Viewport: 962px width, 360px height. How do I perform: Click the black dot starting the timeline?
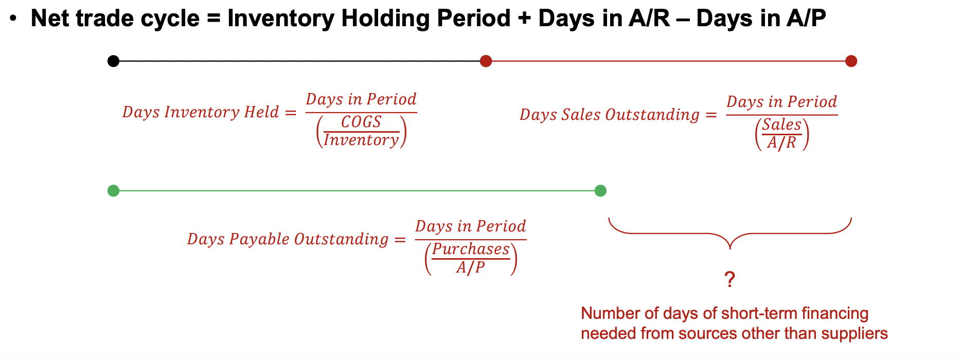coord(113,61)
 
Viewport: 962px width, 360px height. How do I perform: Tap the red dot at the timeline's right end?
coord(851,61)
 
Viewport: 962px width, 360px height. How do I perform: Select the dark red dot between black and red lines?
coord(486,61)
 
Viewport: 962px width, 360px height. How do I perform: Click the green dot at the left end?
coord(113,191)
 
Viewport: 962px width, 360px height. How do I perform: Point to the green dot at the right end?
coord(600,191)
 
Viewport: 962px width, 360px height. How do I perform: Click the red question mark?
coord(729,280)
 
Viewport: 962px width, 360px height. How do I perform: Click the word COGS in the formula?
coord(361,122)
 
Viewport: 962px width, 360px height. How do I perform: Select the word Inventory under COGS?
coord(361,140)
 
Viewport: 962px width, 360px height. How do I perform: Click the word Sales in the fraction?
coord(782,124)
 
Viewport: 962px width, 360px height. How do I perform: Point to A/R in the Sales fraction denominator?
coord(781,142)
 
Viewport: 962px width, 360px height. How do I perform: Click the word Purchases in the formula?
coord(471,249)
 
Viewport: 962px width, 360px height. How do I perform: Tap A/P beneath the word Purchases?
coord(470,267)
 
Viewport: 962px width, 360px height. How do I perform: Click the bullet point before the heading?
coord(14,19)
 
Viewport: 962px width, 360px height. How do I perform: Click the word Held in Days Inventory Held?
coord(261,112)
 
